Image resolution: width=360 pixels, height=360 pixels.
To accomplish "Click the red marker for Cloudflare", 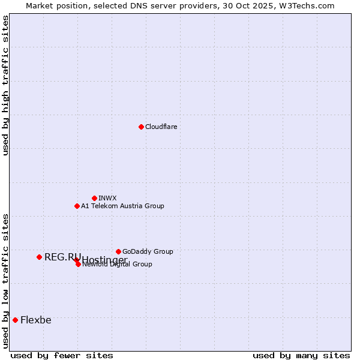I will (141, 127).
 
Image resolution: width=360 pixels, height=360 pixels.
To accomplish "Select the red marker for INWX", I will (94, 198).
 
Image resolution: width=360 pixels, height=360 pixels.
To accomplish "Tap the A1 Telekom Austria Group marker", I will (77, 206).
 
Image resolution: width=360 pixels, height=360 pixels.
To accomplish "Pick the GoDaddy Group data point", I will (118, 251).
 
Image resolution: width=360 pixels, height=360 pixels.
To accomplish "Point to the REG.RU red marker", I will (39, 257).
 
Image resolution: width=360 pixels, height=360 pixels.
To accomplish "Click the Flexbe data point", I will (15, 320).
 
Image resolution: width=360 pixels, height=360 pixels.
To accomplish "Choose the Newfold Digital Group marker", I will (78, 264).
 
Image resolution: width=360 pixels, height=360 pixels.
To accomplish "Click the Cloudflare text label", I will (161, 127).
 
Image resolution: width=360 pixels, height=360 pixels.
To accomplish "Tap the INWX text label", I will (107, 198).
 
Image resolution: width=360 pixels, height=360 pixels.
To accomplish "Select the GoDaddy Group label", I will (148, 251).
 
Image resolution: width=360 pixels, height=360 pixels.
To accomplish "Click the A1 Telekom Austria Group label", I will (122, 206).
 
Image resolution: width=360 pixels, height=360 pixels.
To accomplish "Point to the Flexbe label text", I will (35, 320).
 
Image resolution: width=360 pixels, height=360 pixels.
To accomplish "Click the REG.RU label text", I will (62, 257).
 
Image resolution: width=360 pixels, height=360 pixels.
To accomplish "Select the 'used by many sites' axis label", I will (301, 355).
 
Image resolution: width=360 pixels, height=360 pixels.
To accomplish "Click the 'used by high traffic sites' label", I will (5, 85).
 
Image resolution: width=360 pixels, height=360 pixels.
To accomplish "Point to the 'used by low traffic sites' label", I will (5, 281).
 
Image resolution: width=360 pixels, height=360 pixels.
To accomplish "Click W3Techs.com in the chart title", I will (310, 5).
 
